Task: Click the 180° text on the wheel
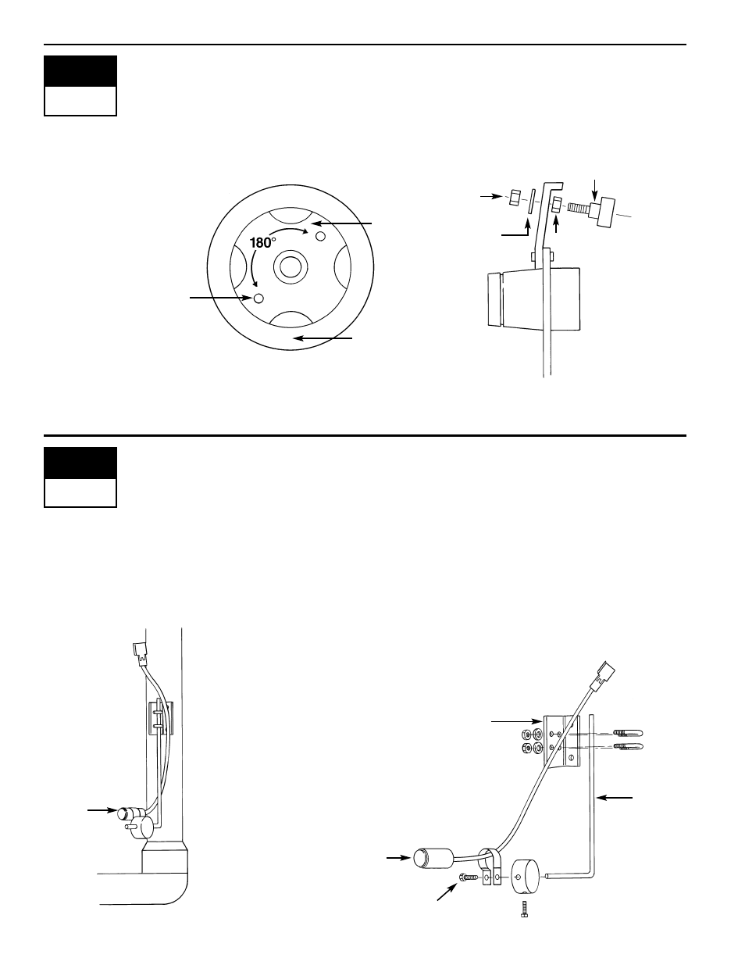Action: (262, 243)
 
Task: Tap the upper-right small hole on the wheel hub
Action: (320, 236)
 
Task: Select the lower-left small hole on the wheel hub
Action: (258, 298)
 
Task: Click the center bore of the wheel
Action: (291, 267)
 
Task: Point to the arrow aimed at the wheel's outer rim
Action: (323, 338)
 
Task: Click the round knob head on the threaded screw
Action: (602, 212)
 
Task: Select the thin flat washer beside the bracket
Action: (531, 202)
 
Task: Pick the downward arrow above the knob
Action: (595, 189)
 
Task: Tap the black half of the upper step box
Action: (80, 71)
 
